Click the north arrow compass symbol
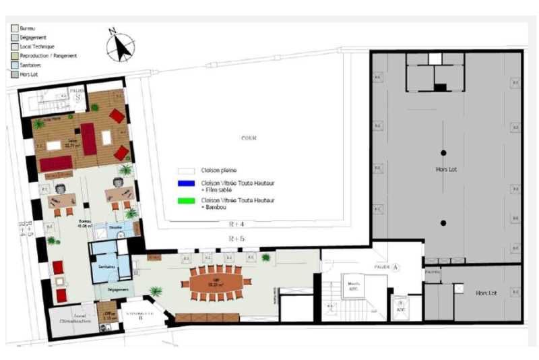[x=120, y=46]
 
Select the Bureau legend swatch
[x=14, y=29]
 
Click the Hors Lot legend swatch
[x=14, y=74]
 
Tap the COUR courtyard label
[x=249, y=138]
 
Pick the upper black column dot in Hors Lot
[x=443, y=152]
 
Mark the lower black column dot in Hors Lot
[x=443, y=222]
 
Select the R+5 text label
[x=235, y=239]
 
